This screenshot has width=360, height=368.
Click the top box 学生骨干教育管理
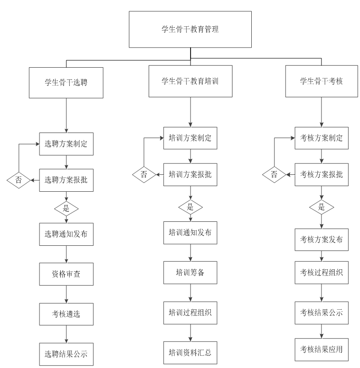tap(190, 29)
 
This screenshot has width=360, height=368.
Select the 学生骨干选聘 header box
tap(66, 82)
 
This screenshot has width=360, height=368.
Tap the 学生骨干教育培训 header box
tap(190, 81)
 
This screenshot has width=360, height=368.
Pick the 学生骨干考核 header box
tap(321, 81)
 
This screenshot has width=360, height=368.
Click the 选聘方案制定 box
tap(66, 144)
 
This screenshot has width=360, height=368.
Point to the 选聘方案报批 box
tap(66, 180)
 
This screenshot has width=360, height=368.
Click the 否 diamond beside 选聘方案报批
tap(19, 180)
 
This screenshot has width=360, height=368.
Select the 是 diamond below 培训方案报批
tap(191, 207)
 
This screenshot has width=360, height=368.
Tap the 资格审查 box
tap(66, 274)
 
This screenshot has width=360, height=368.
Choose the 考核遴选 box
tap(66, 314)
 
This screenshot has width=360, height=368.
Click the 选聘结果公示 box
tap(66, 353)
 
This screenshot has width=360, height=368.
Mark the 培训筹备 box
tap(191, 272)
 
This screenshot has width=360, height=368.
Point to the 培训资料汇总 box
tap(191, 352)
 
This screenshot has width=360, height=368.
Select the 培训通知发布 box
tap(191, 232)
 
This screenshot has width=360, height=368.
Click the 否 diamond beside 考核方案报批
tap(274, 175)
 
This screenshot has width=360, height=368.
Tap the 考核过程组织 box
tap(322, 273)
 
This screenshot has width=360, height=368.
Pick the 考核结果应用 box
tap(322, 349)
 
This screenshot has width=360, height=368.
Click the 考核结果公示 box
tap(322, 313)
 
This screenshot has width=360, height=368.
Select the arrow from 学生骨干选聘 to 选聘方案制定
tap(66, 115)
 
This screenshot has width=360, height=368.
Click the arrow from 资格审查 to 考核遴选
tap(66, 294)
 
